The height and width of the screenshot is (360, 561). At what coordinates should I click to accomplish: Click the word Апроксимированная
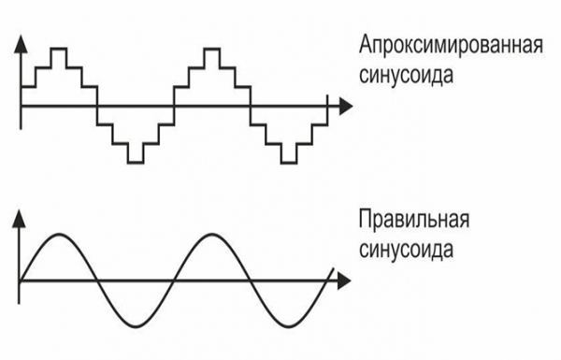pyautogui.click(x=451, y=46)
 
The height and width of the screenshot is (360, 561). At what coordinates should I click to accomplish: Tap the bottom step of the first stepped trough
pyautogui.click(x=136, y=161)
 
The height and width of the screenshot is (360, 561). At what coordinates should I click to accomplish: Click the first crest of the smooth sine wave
pyautogui.click(x=58, y=236)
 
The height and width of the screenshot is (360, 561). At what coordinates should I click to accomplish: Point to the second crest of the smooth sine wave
pyautogui.click(x=210, y=236)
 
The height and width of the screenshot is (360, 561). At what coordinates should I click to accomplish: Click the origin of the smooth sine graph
pyautogui.click(x=21, y=280)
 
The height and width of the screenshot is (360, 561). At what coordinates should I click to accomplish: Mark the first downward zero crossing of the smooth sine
pyautogui.click(x=96, y=280)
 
